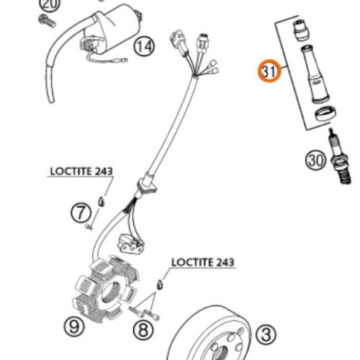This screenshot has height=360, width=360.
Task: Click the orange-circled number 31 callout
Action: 269,71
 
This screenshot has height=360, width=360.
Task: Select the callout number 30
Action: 315,160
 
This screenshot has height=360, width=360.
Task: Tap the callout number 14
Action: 144,46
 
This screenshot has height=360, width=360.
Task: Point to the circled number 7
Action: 81,213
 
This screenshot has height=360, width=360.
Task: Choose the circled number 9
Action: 74,326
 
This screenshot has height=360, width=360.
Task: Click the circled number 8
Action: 143,330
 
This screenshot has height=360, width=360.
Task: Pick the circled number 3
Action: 266,335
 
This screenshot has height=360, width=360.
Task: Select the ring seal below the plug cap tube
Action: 325,113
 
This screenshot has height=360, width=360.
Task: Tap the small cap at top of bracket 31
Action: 301,31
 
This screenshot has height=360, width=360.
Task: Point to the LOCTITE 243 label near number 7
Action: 81,171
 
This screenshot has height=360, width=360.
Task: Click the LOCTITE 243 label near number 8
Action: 203,262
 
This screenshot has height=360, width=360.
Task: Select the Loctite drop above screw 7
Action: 102,202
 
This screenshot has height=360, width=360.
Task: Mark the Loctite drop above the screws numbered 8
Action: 160,285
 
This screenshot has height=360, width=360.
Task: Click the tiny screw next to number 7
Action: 89,227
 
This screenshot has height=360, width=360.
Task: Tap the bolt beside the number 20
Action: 47,21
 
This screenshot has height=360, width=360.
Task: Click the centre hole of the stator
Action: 109,292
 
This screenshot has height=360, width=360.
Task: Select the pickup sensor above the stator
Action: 130,244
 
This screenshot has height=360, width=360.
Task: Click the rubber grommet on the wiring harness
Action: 146,184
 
